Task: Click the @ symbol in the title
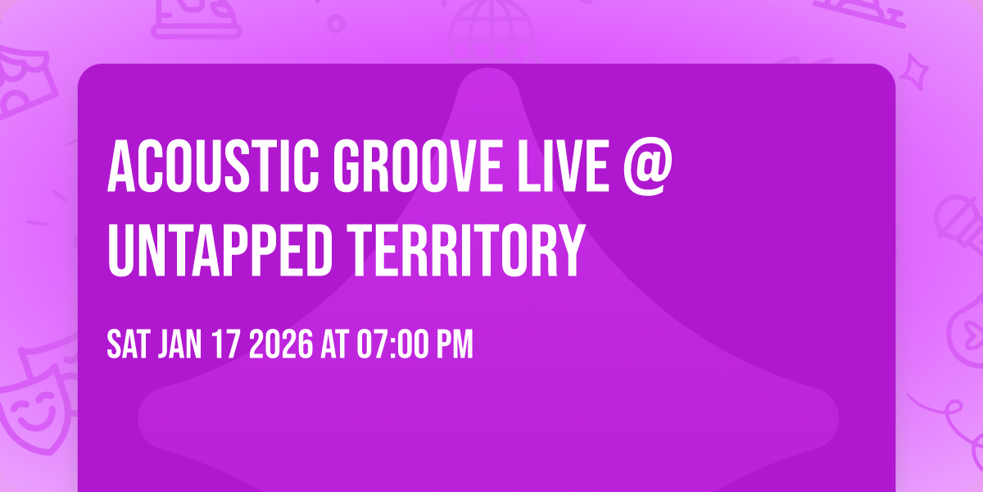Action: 646,166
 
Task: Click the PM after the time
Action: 455,345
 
